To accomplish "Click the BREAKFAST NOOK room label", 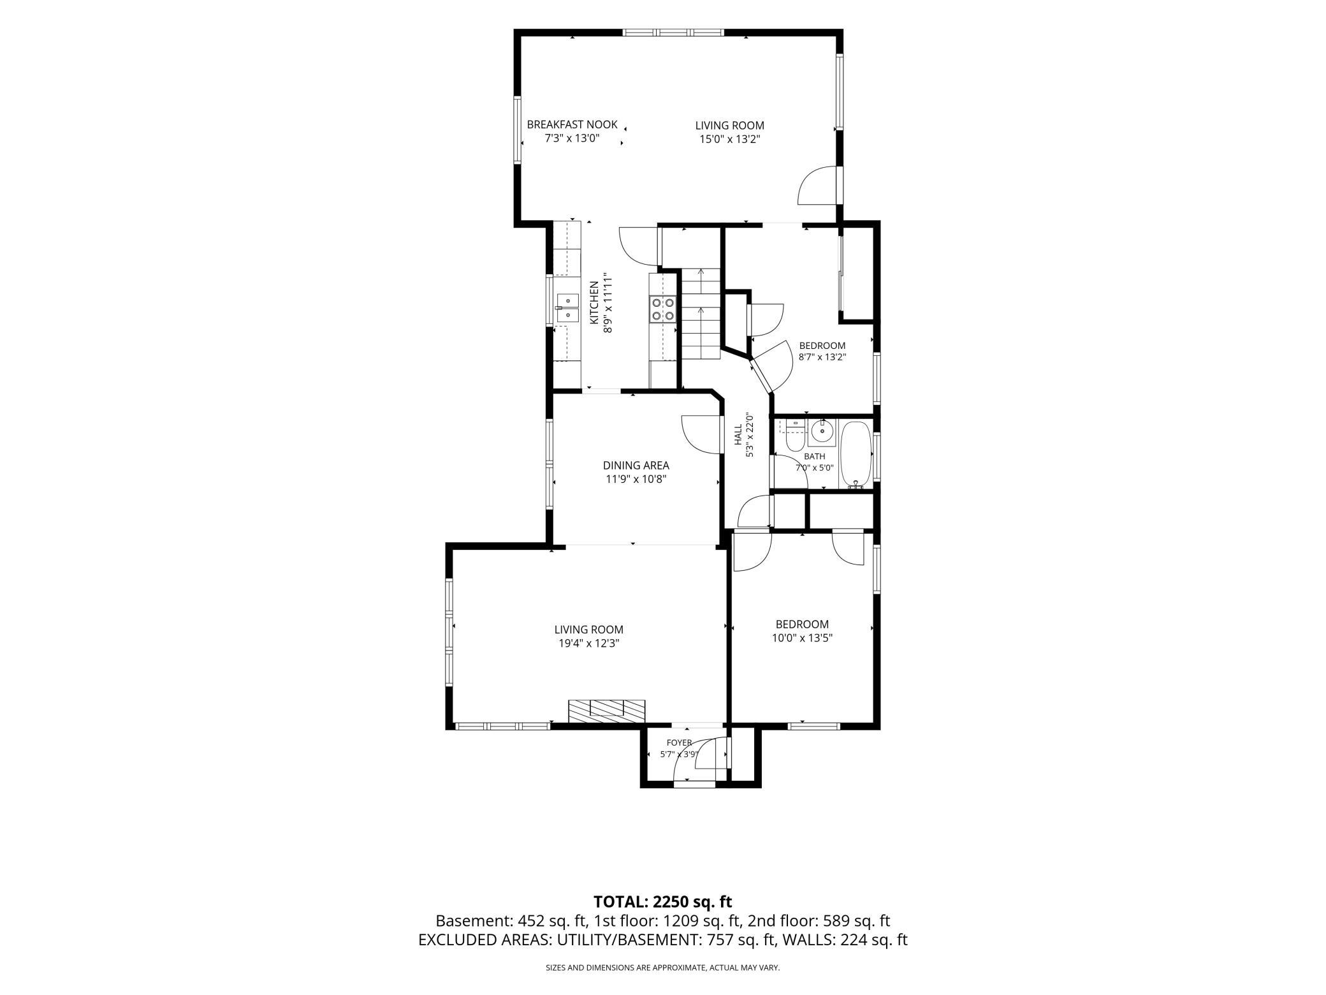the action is coord(572,124).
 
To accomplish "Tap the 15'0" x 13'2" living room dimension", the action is coord(729,139).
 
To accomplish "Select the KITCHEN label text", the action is coord(594,303).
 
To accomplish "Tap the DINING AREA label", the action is coord(636,466).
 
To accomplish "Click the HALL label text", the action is coord(738,435).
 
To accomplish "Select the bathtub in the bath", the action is coord(856,454).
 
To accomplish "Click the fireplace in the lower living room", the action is coord(607,711).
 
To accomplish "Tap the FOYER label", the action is coord(679,742).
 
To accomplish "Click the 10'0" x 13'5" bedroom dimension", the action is coord(802,638).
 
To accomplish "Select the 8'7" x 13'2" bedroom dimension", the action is coord(822,357).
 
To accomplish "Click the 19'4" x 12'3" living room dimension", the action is coord(588,644).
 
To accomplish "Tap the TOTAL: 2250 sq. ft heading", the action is coord(663,902).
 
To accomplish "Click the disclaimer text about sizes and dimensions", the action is coord(663,968).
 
